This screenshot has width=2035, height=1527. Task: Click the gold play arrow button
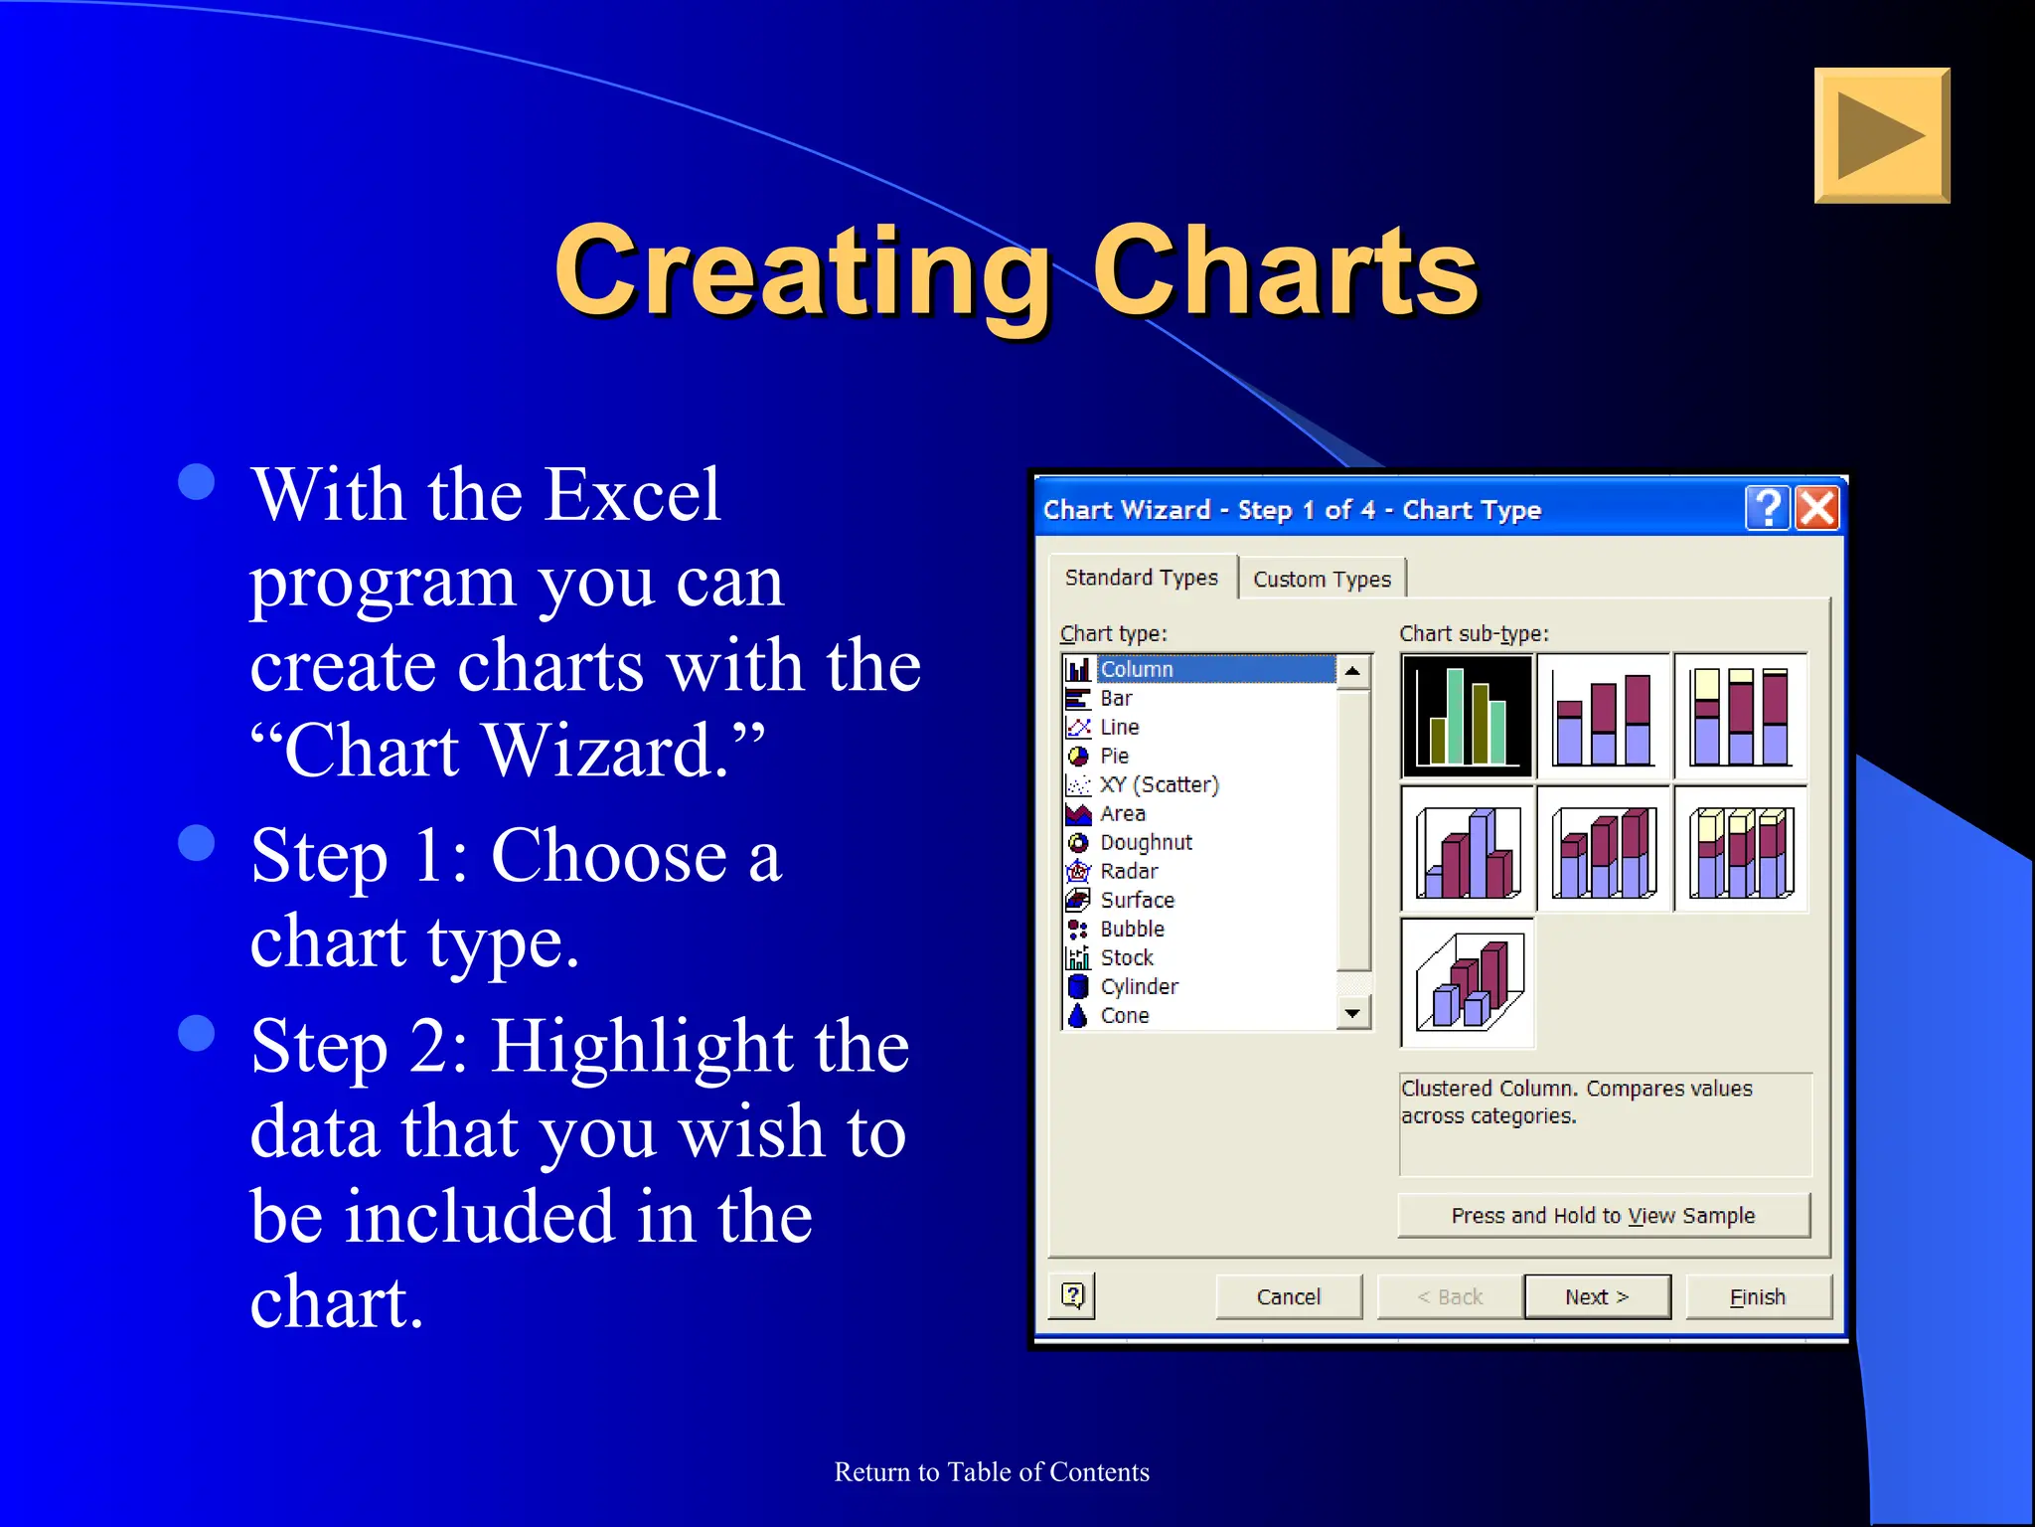[1881, 136]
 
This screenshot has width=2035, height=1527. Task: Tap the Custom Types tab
[1322, 579]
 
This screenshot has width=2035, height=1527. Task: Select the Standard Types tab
[1141, 578]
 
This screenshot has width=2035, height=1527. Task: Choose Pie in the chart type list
[1114, 756]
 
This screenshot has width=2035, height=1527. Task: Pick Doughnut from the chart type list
[1145, 842]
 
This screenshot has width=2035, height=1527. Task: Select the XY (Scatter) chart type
[1158, 784]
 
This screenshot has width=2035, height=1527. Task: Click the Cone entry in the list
[1124, 1015]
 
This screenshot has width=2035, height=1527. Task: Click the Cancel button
[1288, 1296]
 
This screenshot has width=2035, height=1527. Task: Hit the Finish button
[1757, 1296]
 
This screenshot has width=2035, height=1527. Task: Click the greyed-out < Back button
[1450, 1296]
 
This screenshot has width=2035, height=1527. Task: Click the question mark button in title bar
[1768, 508]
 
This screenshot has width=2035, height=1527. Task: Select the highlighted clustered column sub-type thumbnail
[1467, 716]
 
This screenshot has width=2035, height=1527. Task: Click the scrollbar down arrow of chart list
[1352, 1013]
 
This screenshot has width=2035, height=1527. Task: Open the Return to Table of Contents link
[991, 1471]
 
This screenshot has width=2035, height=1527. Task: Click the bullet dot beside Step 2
[197, 1033]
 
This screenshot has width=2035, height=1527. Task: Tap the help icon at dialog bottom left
[1073, 1295]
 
